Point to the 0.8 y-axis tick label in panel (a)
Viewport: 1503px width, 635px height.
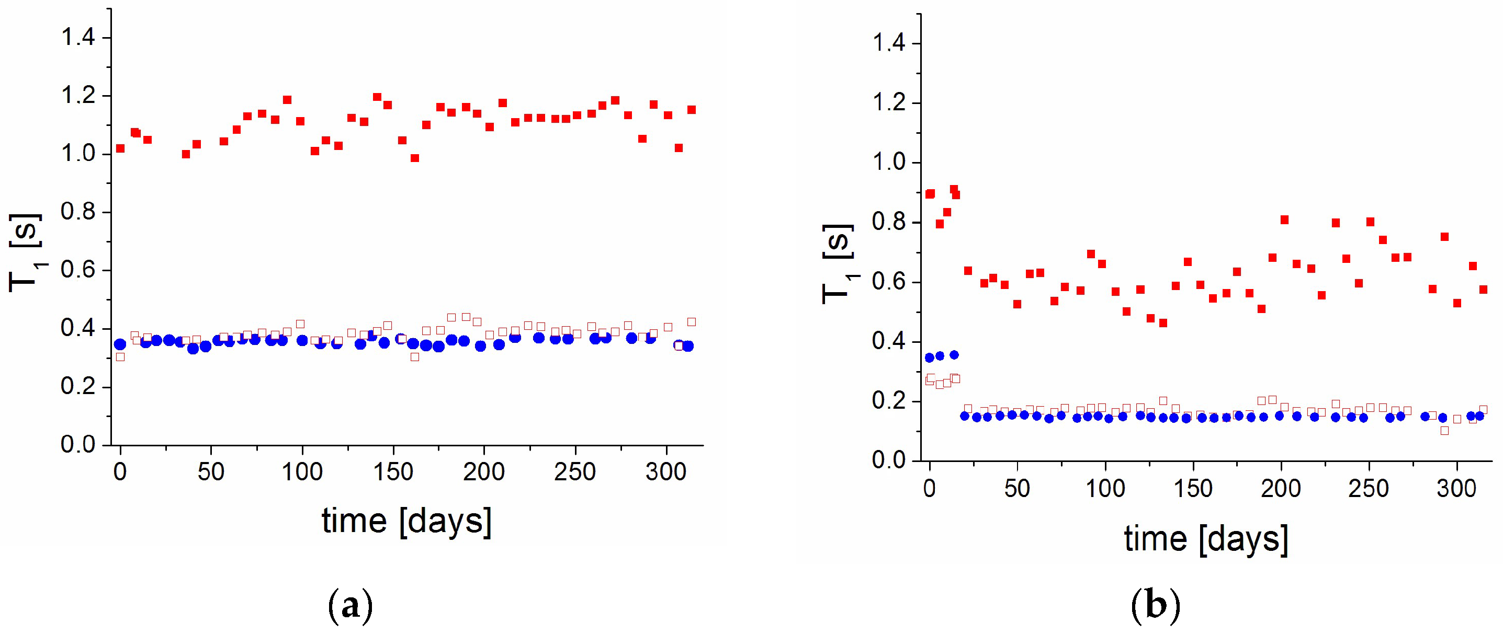78,212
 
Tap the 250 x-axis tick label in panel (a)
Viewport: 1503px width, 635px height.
575,471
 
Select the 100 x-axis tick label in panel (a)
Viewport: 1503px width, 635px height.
302,471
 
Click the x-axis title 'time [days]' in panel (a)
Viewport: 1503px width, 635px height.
406,520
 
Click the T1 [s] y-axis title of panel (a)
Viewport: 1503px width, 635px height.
26,252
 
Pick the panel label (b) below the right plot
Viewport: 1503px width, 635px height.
1155,607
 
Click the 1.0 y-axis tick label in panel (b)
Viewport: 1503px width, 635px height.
888,163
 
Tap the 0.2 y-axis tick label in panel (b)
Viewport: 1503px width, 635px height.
888,401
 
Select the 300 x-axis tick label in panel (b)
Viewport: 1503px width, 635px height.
1456,488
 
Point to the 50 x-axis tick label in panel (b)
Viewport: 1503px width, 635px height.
1017,488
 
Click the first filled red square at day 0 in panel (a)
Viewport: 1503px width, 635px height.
120,148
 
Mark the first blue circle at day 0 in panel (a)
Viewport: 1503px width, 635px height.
120,344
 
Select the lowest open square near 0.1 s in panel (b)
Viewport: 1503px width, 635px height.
1444,430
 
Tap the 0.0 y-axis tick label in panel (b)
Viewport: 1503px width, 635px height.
888,460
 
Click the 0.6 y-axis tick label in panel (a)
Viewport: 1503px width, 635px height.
78,271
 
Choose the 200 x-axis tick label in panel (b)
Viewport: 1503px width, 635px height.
1281,488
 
